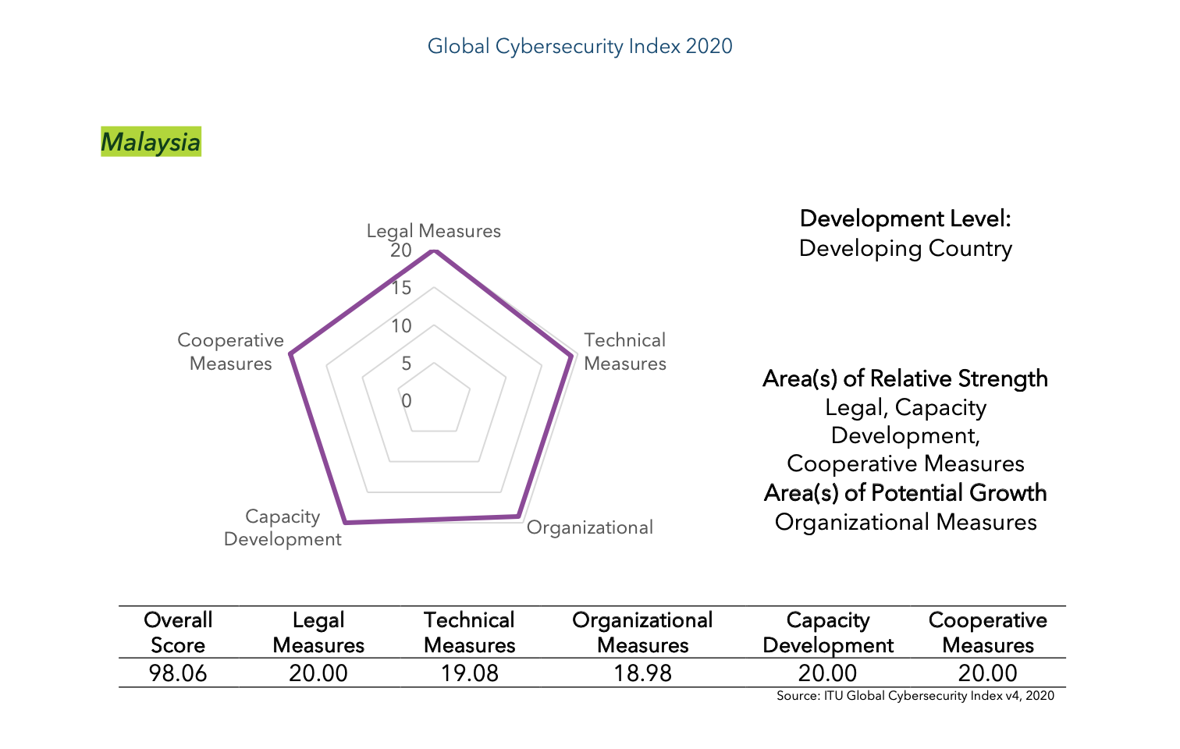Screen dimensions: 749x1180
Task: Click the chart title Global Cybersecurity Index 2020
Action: tap(580, 46)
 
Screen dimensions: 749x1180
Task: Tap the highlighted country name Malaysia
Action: tap(151, 142)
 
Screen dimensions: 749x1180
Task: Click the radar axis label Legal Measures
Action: tap(433, 231)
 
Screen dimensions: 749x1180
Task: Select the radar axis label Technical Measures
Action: tap(624, 352)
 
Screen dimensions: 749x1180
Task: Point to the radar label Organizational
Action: tap(589, 527)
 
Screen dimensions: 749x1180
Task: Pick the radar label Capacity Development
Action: tap(283, 528)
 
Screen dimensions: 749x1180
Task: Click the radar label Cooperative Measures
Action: tap(230, 352)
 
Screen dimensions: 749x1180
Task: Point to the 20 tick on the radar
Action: tap(401, 250)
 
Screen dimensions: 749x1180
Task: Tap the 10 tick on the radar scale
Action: tap(401, 326)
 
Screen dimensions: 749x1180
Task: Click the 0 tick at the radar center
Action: tap(406, 401)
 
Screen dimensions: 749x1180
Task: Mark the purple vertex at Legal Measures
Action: tap(434, 251)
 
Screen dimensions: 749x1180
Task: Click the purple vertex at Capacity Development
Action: tap(344, 522)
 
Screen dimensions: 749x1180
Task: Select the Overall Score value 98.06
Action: tap(178, 673)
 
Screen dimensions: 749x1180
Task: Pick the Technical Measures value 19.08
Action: tap(469, 673)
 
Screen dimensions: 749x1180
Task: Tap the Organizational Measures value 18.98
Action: tap(642, 673)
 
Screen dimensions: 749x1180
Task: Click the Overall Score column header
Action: tap(178, 633)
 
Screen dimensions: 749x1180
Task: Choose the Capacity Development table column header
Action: tap(828, 633)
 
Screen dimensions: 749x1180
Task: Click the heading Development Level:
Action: tap(905, 218)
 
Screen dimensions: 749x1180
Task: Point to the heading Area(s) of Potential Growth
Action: tap(905, 493)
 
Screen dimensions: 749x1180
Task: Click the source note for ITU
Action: tap(915, 696)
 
